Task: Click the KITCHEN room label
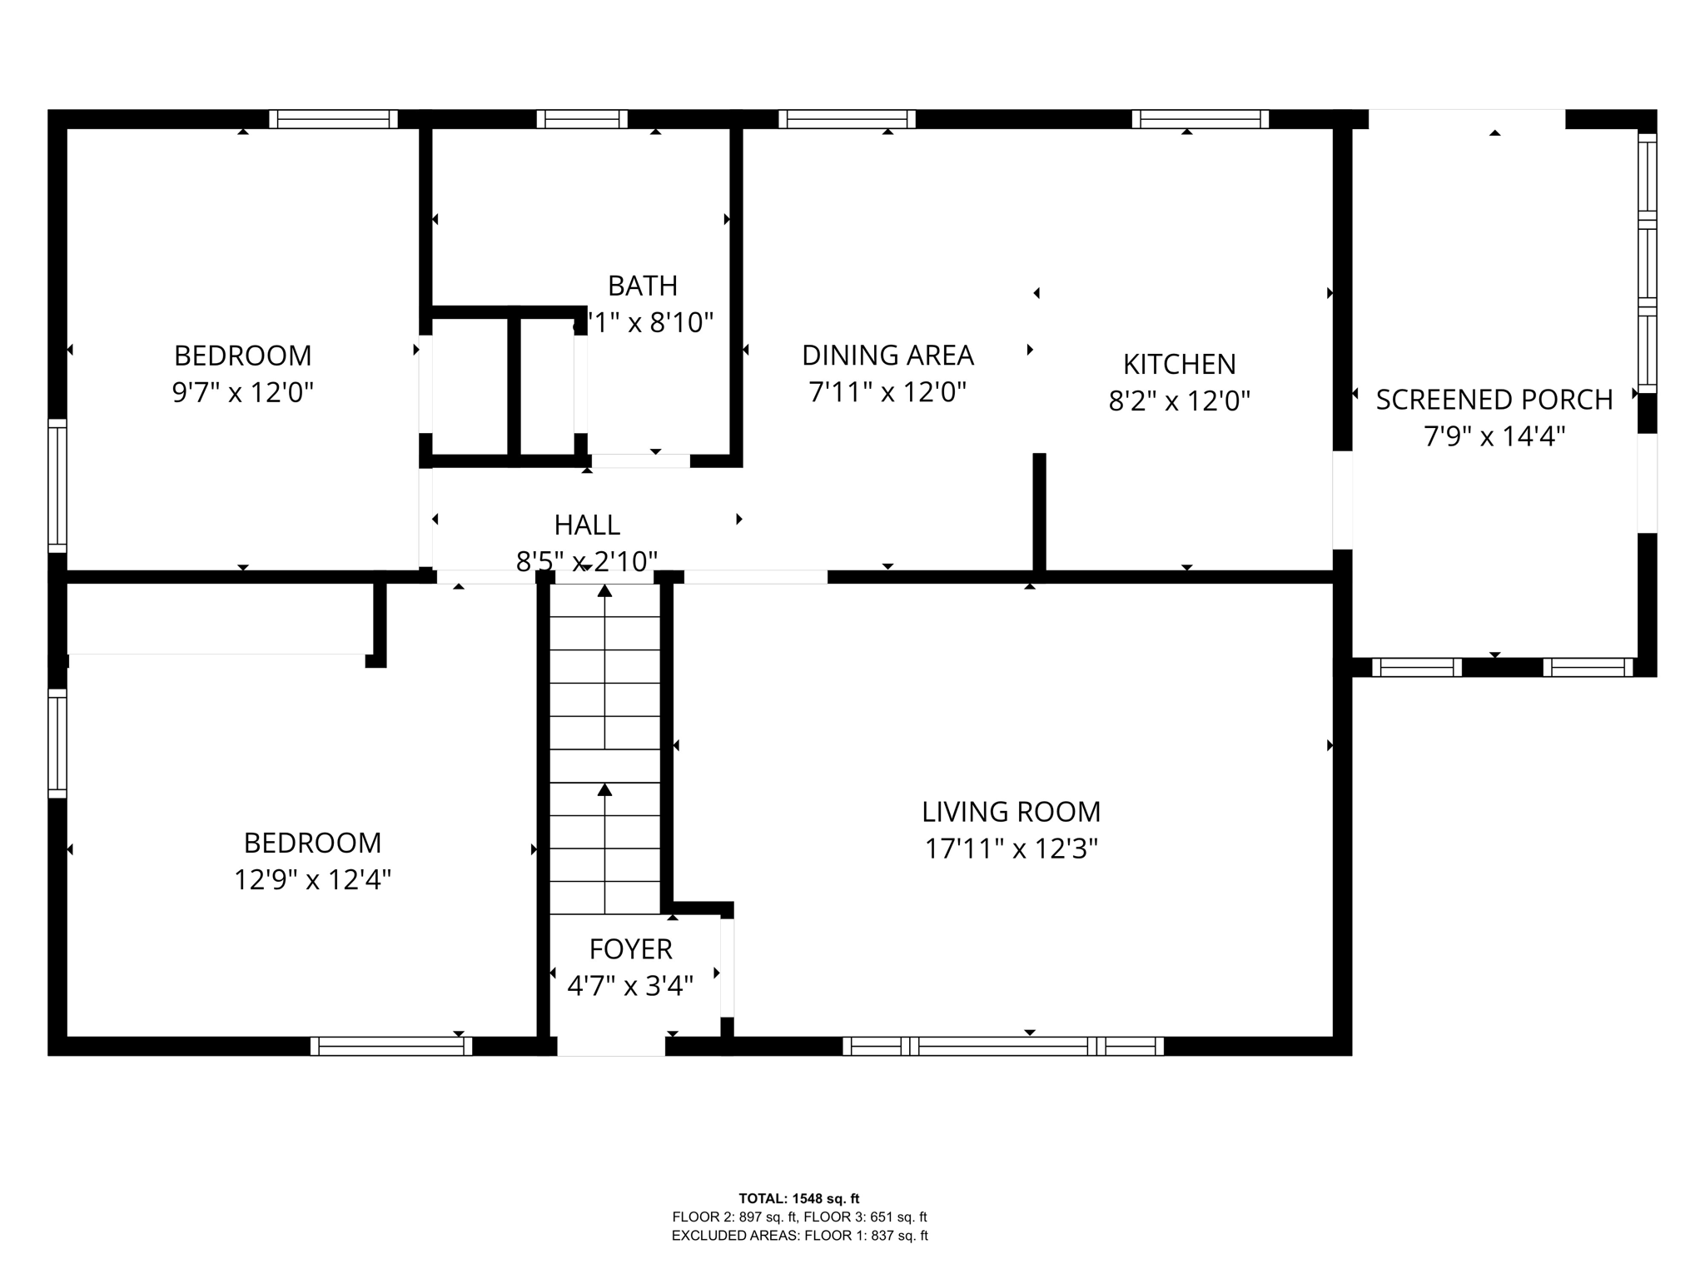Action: [1179, 364]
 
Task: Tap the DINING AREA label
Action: [887, 356]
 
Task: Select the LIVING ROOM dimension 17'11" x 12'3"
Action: [1011, 849]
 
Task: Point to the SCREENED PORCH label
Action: [1494, 400]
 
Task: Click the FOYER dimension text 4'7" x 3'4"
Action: [630, 986]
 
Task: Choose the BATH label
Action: [642, 286]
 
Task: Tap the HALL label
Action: [587, 525]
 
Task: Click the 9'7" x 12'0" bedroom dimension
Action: [242, 391]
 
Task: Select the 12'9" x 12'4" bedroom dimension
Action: [312, 879]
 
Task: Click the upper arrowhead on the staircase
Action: [604, 590]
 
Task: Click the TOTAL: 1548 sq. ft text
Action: [798, 1199]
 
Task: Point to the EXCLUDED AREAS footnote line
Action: [799, 1236]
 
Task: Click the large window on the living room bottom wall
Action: [1002, 1046]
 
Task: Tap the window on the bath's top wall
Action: [582, 119]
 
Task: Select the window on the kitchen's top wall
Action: [1200, 119]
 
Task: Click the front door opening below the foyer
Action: [610, 1046]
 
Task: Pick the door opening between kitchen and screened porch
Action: [1342, 500]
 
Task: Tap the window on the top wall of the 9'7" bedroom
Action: [333, 119]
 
